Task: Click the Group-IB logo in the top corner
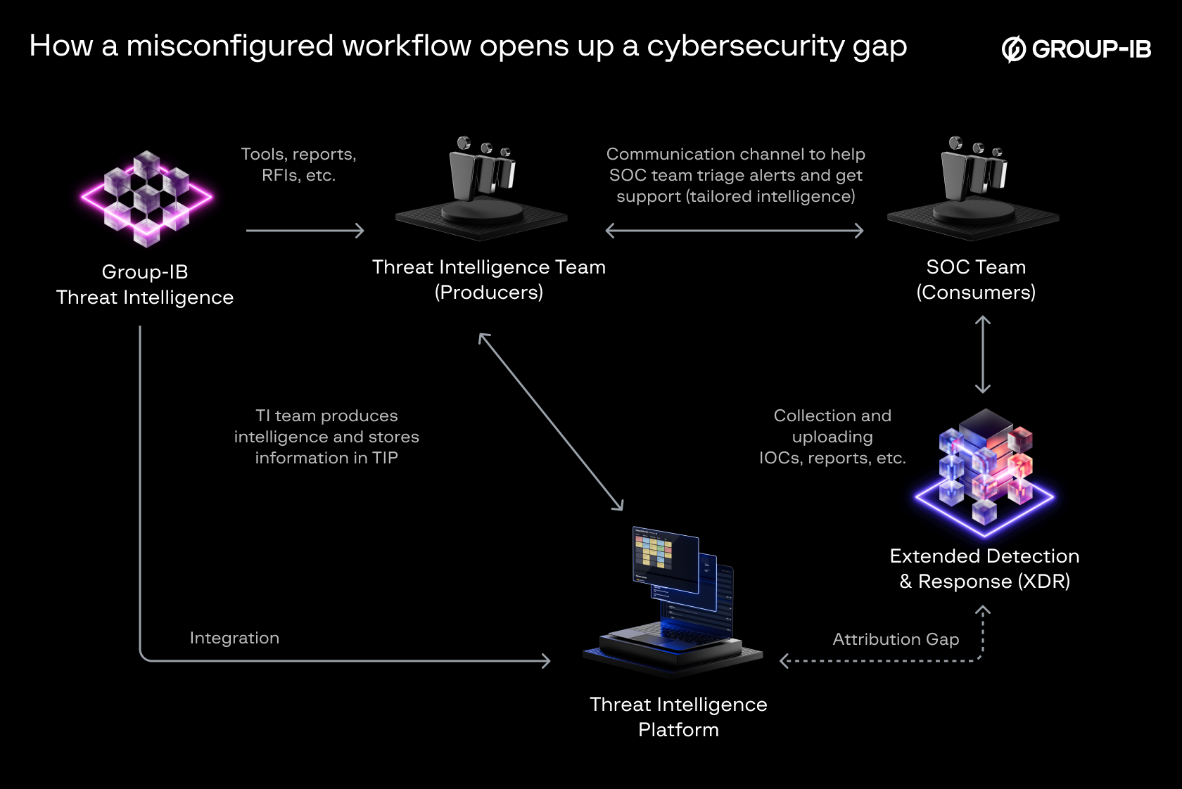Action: (x=1076, y=49)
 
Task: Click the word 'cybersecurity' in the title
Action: (x=745, y=46)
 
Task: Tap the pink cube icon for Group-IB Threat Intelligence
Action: (x=146, y=199)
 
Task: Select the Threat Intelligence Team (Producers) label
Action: (x=489, y=279)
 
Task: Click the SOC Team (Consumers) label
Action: (x=976, y=279)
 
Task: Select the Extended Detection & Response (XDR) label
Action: (x=984, y=568)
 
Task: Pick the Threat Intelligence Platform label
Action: (x=678, y=717)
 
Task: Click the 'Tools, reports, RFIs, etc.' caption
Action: (x=298, y=165)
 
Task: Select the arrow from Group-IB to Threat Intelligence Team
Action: (x=305, y=231)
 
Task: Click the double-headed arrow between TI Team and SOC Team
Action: (x=735, y=231)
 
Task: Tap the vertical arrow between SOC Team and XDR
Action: (x=983, y=354)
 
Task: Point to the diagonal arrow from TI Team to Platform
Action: (x=551, y=422)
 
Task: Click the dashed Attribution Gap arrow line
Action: (x=879, y=661)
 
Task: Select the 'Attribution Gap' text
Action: (x=896, y=639)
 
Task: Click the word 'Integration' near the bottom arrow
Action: (x=234, y=638)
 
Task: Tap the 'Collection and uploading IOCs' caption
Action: (x=832, y=437)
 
